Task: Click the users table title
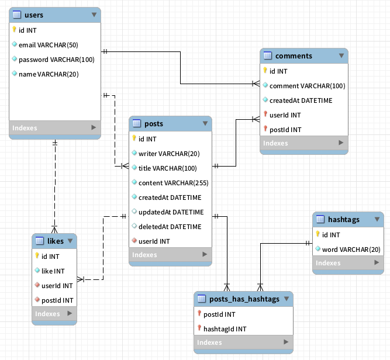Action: coord(34,15)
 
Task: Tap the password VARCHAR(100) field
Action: coord(56,60)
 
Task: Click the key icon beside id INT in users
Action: coord(14,30)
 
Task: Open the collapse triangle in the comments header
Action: coord(341,56)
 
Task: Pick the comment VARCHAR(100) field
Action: coord(307,86)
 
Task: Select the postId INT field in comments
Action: coord(285,130)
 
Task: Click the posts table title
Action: coord(153,123)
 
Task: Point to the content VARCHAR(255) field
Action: coord(173,183)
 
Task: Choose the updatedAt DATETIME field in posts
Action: coord(171,212)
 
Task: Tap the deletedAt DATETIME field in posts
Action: coord(170,227)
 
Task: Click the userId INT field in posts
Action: coord(154,241)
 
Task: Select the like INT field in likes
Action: coord(53,271)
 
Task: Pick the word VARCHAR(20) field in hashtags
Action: coord(351,250)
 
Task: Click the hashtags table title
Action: coord(343,220)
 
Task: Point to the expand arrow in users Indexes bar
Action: coord(94,127)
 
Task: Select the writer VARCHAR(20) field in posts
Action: coord(169,154)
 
